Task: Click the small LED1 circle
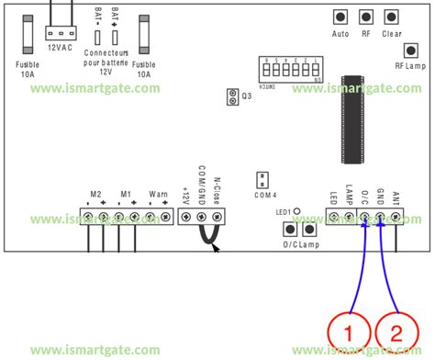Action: click(296, 211)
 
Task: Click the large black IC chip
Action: click(351, 119)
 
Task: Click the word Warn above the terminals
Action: click(158, 195)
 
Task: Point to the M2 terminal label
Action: click(95, 195)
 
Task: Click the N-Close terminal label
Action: click(218, 188)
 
